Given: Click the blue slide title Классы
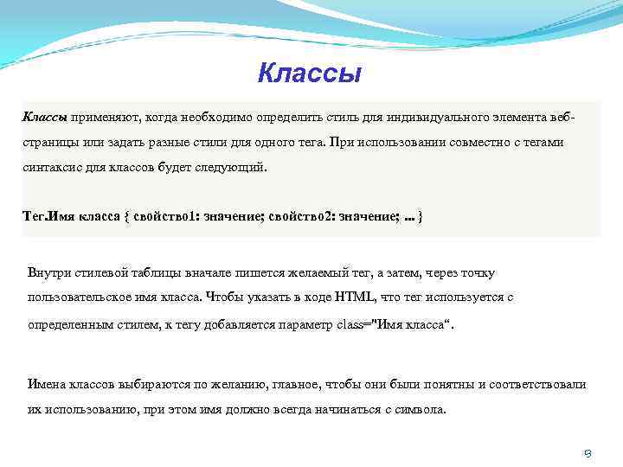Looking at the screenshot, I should point(309,72).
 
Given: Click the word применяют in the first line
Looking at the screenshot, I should point(106,116).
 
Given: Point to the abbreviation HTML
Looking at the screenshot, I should point(356,297).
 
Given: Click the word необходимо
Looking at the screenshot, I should point(214,116).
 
